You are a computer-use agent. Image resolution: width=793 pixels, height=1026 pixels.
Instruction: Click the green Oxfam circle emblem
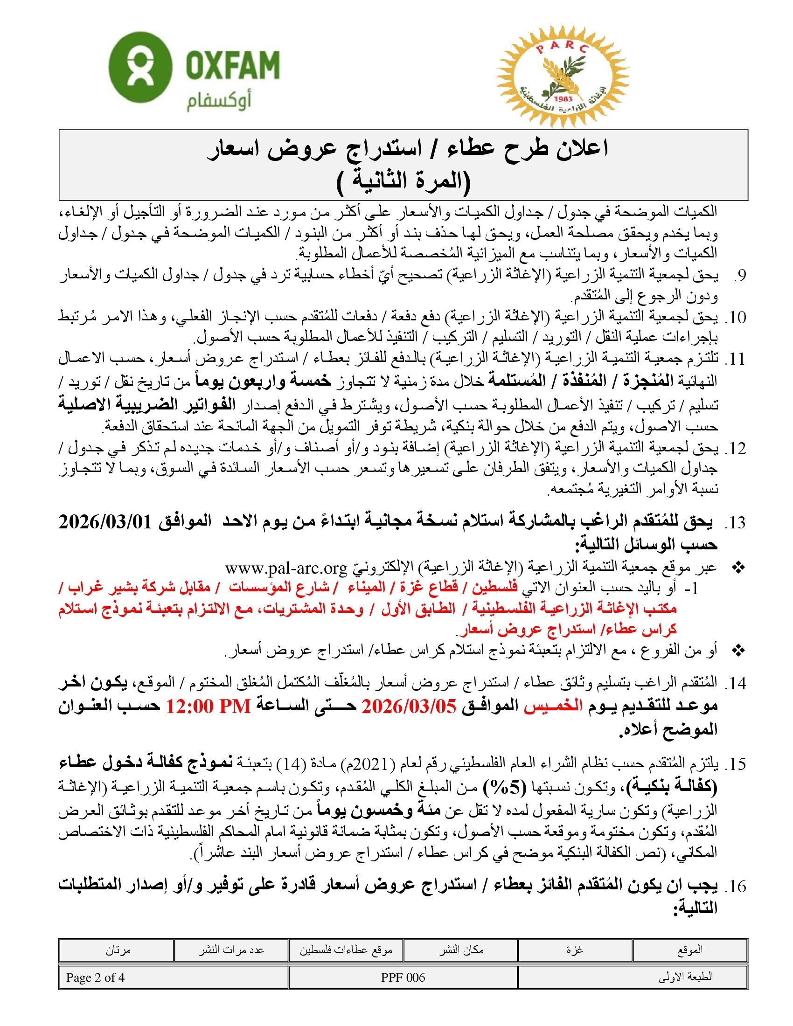(139, 67)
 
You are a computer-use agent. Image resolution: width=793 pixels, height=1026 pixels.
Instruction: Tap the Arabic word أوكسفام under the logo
(219, 102)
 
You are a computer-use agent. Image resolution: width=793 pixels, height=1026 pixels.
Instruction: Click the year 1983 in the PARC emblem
(563, 99)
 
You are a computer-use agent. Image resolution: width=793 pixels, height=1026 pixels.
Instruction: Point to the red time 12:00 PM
(208, 706)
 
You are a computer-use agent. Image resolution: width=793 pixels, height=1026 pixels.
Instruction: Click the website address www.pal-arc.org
(286, 568)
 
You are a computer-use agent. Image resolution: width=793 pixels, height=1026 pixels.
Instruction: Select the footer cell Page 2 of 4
(95, 977)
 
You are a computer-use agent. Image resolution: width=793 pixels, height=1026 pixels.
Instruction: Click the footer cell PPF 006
(403, 977)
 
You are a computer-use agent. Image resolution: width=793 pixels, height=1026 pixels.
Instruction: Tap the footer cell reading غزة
(575, 950)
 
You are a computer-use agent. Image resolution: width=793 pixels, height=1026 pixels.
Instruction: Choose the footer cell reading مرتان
(117, 950)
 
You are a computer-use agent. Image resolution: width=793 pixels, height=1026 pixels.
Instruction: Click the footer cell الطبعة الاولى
(685, 977)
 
